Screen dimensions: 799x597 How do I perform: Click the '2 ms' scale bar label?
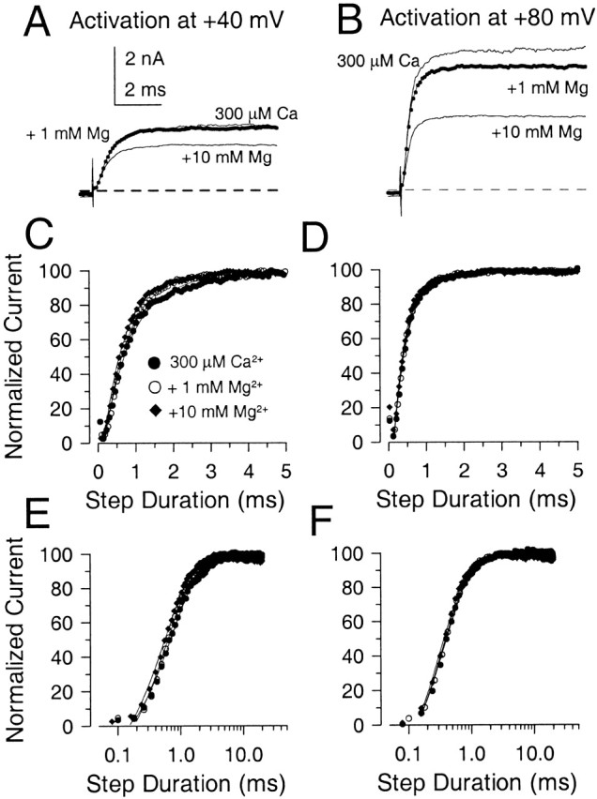click(146, 94)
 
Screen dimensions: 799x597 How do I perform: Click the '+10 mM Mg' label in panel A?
click(225, 158)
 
